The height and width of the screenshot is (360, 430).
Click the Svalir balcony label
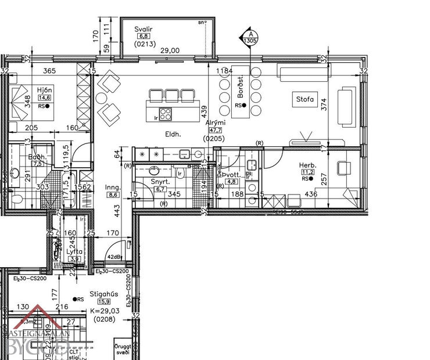pos(143,28)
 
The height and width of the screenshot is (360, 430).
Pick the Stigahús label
pos(104,294)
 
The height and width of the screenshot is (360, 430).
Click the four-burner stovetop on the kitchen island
pos(165,114)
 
